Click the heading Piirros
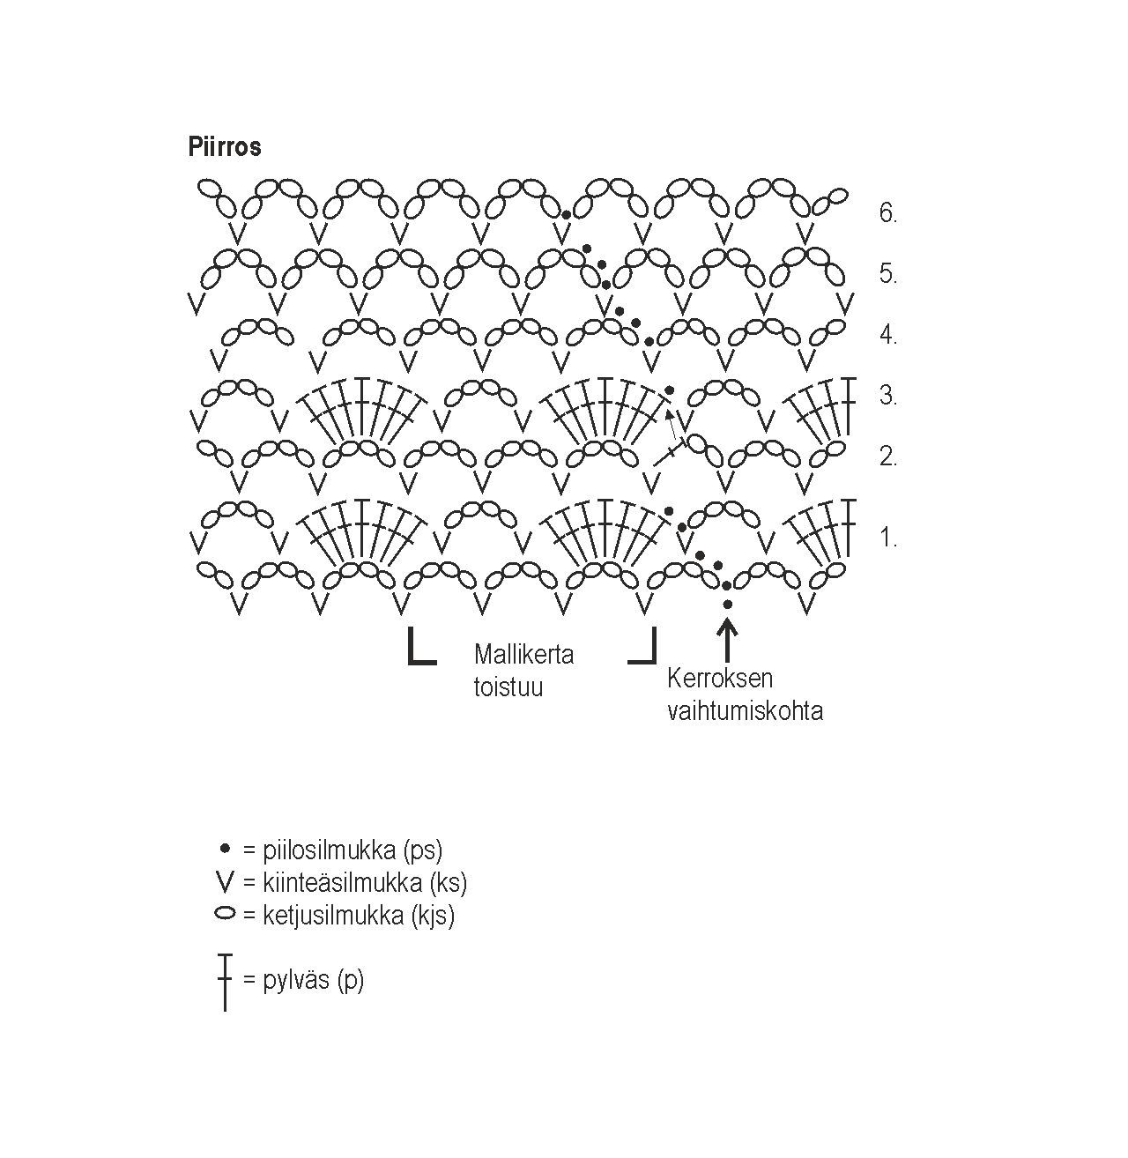coord(225,146)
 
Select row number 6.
coord(887,213)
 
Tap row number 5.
coord(887,274)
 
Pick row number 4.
coord(887,335)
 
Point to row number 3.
coord(887,396)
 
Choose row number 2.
coord(887,457)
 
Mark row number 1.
coord(887,538)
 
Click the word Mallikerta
coord(523,655)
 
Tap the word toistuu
coord(508,687)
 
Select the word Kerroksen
coord(720,679)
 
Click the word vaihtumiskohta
coord(745,710)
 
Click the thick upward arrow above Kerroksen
coord(727,639)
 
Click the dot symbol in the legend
coord(225,849)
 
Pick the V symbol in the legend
coord(225,881)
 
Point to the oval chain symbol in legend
coord(225,914)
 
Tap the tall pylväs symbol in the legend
coord(225,981)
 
